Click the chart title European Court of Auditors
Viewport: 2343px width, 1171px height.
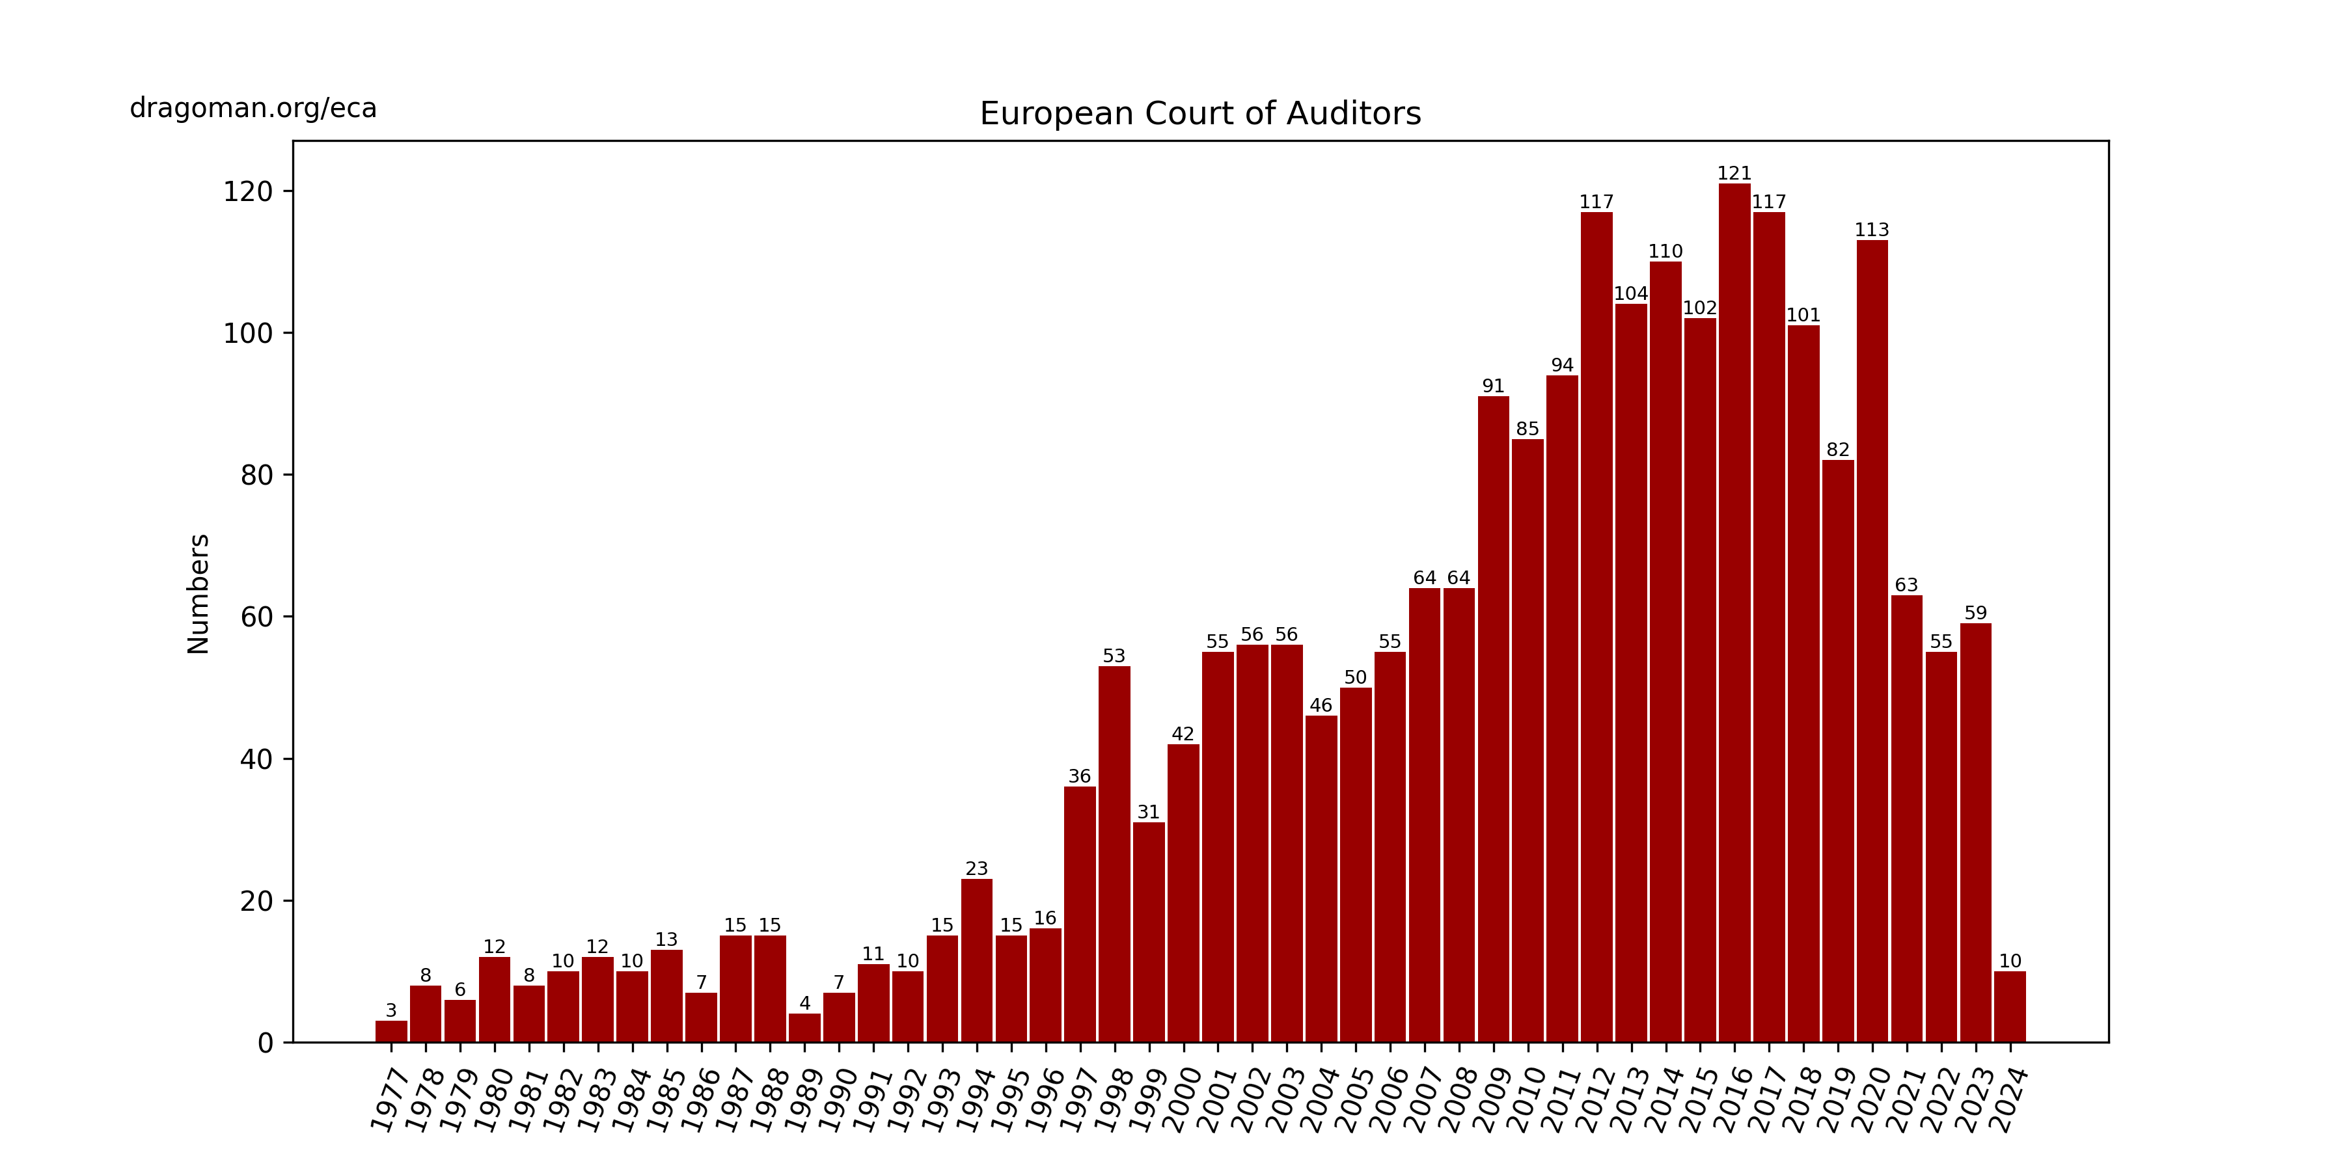click(x=1199, y=114)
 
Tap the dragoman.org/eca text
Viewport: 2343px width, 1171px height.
click(x=253, y=108)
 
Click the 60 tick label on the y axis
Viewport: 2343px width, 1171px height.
click(x=256, y=617)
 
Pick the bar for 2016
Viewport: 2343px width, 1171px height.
click(x=1734, y=613)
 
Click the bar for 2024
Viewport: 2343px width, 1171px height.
click(x=2009, y=1006)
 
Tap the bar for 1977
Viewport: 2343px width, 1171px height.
click(x=391, y=1031)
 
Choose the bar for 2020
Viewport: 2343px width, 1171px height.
click(x=1872, y=641)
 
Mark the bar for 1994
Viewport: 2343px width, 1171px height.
click(x=976, y=960)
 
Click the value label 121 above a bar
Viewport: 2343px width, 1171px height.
click(x=1734, y=173)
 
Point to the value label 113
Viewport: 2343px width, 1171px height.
click(x=1872, y=230)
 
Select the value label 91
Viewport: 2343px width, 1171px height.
click(x=1492, y=386)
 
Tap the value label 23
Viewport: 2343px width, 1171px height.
click(x=976, y=868)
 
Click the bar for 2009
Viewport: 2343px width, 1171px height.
click(x=1492, y=719)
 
